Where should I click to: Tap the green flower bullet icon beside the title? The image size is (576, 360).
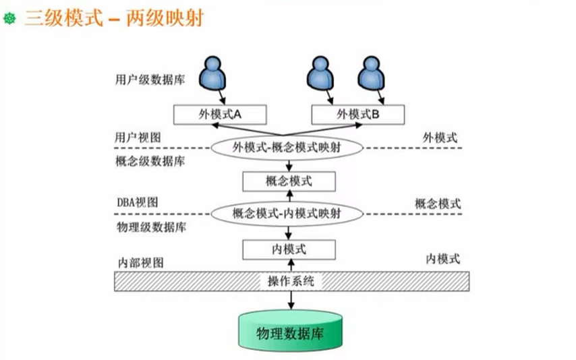(9, 19)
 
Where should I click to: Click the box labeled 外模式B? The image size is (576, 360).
(357, 114)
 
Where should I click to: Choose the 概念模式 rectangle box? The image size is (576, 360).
(289, 181)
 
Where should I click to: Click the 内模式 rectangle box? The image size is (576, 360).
(289, 249)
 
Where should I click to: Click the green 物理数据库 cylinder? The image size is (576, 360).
(291, 333)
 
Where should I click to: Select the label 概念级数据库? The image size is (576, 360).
(150, 162)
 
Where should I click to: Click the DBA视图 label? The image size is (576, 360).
(137, 202)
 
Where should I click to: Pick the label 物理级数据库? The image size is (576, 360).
(150, 227)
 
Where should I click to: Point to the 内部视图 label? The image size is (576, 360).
(141, 263)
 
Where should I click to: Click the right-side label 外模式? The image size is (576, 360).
(440, 137)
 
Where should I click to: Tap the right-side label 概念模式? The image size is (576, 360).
(438, 203)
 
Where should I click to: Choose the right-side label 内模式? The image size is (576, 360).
(443, 258)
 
